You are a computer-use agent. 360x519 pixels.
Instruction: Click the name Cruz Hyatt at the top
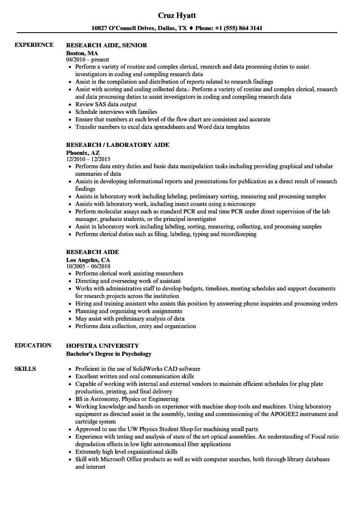177,15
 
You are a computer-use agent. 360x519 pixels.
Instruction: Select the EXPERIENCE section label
34,45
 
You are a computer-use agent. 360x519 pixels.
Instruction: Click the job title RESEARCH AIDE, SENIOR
107,45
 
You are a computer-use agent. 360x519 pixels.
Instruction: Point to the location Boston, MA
82,53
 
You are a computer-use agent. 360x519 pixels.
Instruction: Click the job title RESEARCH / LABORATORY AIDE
118,145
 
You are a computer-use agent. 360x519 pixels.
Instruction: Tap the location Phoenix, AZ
83,153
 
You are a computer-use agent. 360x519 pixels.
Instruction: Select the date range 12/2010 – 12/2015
88,159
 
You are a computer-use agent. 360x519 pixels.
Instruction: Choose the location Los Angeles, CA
88,260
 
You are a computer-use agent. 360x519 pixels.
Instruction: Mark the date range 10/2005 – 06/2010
88,266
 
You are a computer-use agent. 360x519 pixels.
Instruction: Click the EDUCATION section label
33,345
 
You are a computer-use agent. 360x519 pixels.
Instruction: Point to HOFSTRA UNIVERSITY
103,346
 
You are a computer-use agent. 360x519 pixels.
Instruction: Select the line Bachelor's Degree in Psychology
109,354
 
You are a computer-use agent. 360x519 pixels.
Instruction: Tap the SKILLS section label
25,369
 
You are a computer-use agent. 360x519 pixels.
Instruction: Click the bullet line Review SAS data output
106,104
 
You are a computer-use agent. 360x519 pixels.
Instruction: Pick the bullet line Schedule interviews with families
116,112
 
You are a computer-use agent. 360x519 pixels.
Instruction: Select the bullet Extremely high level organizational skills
126,452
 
